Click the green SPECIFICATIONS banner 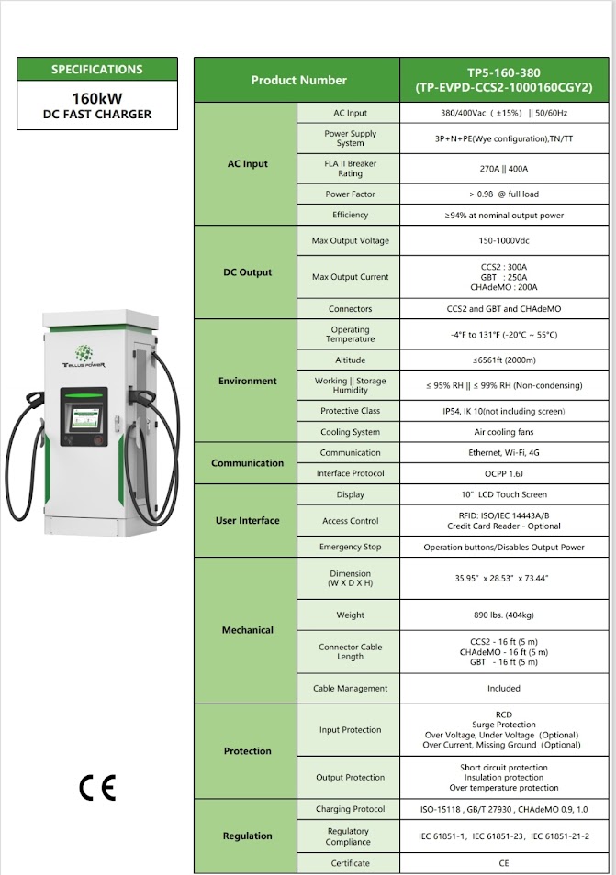click(97, 70)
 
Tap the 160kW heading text click(97, 97)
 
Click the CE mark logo click(97, 788)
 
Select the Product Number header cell click(298, 81)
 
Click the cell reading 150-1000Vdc click(503, 241)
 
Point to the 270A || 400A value click(503, 169)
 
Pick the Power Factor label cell click(350, 194)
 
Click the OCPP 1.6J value click(503, 473)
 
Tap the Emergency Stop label click(350, 548)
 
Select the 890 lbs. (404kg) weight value click(503, 615)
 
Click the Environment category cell click(247, 381)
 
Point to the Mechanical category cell click(247, 630)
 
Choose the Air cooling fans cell click(503, 432)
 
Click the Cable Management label click(350, 689)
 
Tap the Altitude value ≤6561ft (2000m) click(503, 360)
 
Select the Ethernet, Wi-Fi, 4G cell click(503, 453)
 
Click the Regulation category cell click(247, 836)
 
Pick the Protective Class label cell click(350, 411)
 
